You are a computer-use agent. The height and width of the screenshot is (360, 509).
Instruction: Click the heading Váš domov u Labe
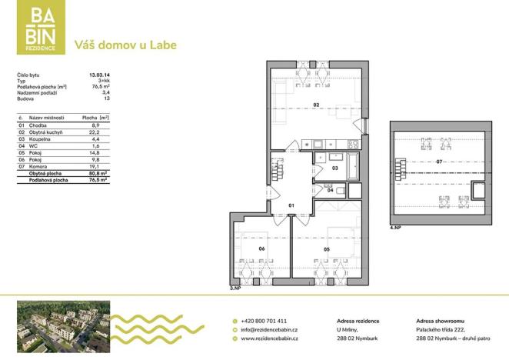125,45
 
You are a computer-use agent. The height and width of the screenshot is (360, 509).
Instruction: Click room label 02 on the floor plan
316,105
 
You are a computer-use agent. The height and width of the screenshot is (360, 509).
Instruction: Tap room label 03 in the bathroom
335,166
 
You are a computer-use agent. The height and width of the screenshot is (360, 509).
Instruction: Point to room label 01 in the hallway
291,205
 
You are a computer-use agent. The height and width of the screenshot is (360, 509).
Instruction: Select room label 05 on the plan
327,249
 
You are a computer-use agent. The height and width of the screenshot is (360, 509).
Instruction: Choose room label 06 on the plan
261,248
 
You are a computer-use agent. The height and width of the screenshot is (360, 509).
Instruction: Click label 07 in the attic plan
439,162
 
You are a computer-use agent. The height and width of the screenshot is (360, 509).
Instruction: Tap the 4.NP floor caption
396,228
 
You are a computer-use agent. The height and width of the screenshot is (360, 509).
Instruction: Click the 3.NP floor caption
236,288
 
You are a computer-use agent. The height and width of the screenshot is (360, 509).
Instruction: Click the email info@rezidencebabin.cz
269,328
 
